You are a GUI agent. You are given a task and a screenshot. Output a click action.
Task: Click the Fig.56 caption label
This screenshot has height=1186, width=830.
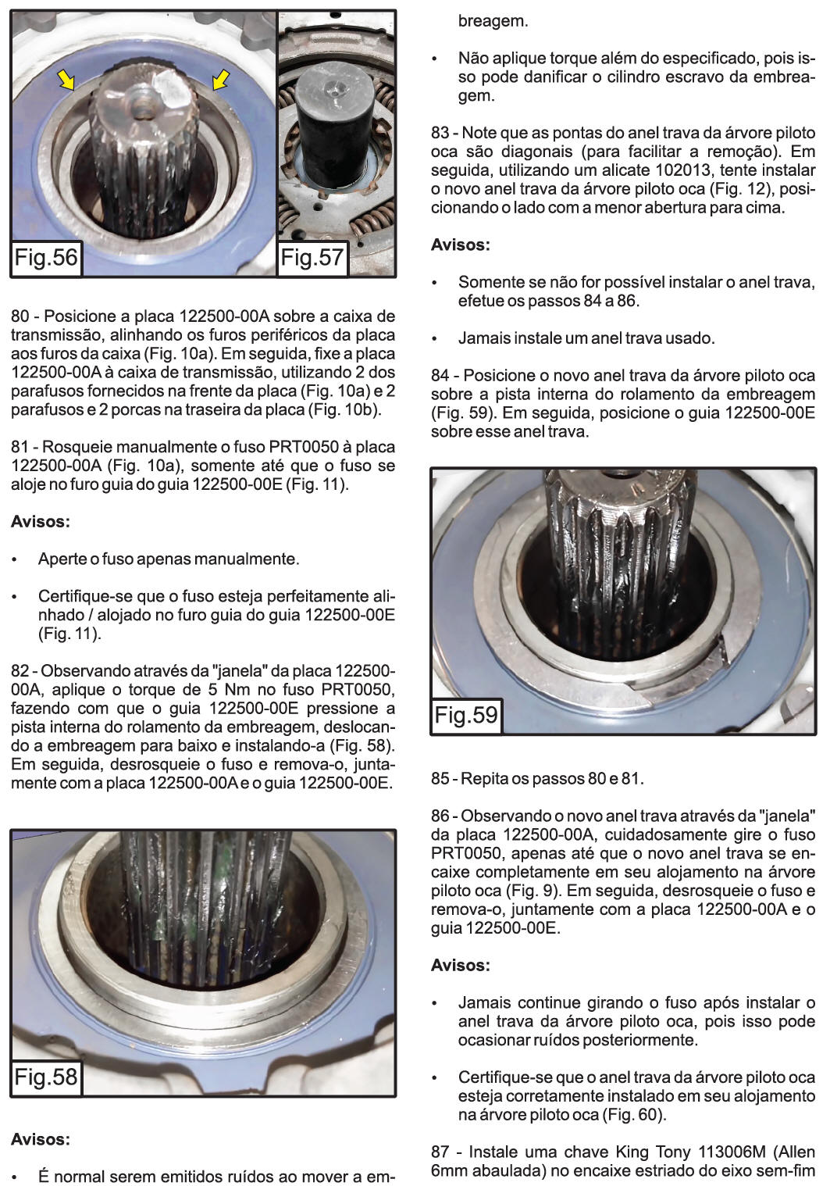pos(46,257)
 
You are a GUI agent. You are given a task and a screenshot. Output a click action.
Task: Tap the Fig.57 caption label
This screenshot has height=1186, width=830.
pos(312,257)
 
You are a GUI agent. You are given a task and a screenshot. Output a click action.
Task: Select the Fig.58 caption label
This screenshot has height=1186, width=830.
pos(46,1077)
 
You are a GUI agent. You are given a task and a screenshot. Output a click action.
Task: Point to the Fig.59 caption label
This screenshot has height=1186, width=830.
pos(466,715)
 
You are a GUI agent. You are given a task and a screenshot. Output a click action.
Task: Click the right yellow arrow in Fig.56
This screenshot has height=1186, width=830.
pos(222,77)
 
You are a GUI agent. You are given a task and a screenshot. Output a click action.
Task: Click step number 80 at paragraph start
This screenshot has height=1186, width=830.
pos(20,316)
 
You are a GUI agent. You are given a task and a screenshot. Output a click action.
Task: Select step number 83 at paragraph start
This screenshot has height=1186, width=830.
pos(440,133)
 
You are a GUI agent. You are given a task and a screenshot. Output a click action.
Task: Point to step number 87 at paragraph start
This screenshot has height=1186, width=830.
pos(440,1152)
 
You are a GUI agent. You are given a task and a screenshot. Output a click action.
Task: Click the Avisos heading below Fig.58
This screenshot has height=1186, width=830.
pos(41,1140)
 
